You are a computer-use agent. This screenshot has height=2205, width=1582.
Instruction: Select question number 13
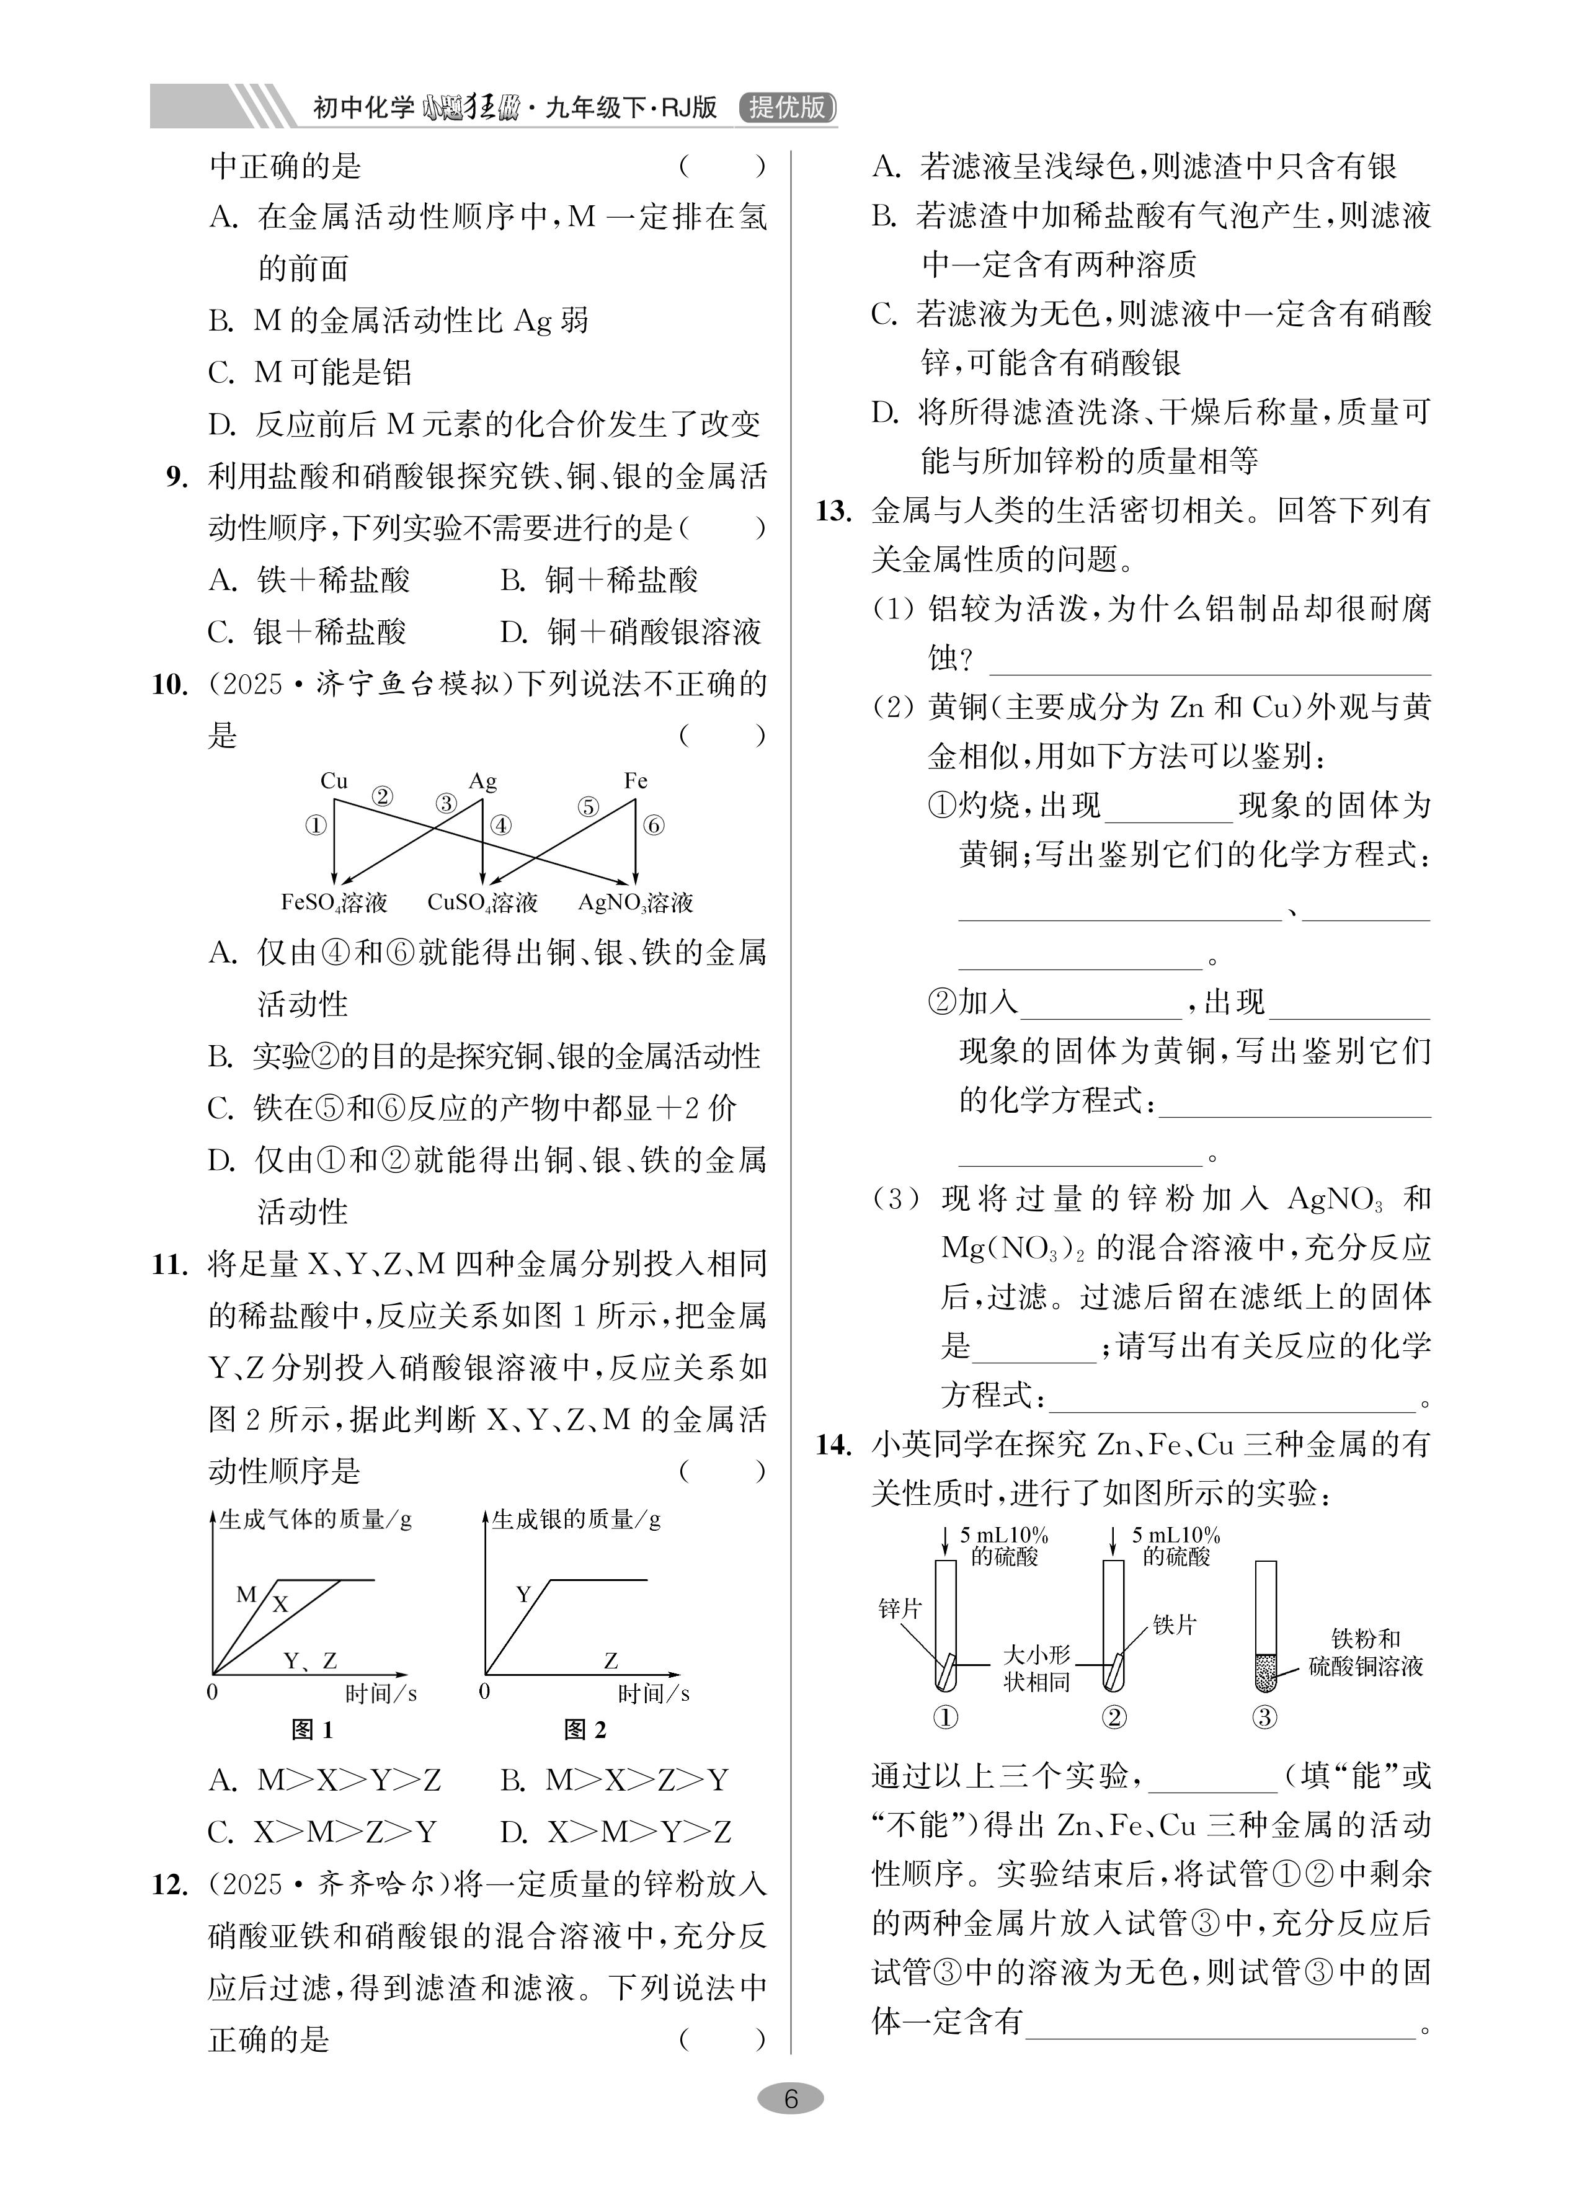833,510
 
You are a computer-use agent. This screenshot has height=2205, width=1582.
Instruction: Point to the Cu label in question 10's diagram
334,781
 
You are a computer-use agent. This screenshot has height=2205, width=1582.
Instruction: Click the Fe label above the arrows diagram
635,781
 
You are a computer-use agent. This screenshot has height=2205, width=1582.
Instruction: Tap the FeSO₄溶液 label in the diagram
334,902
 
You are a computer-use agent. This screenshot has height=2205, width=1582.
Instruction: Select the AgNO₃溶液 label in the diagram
635,902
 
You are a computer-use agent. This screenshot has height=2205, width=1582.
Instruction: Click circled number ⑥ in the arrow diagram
654,826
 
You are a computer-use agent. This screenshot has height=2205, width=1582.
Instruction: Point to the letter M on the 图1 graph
246,1595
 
